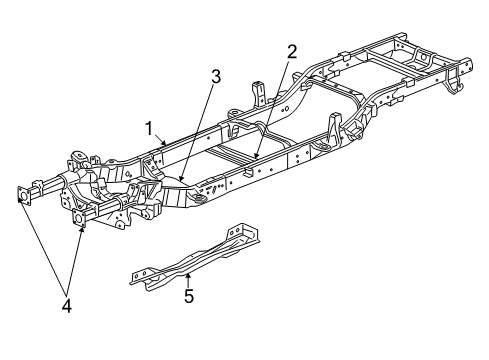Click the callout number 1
(x=149, y=128)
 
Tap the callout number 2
(x=292, y=52)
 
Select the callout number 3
(x=214, y=74)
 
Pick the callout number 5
(x=188, y=295)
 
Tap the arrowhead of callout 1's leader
(x=166, y=146)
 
